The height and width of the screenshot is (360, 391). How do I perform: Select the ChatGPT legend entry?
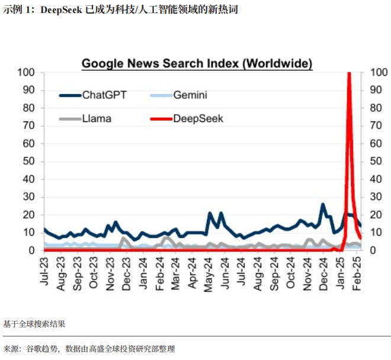104,95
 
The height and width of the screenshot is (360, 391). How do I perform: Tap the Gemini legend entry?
190,95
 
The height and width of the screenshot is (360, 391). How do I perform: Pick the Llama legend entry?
97,118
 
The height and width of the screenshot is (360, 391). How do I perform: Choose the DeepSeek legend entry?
198,118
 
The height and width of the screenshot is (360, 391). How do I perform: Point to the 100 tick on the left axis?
27,72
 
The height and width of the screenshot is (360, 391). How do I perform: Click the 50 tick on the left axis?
30,162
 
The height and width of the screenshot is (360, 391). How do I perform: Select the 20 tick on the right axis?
376,215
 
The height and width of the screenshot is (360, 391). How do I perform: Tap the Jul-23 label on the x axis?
44,272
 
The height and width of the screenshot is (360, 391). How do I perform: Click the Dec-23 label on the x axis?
127,272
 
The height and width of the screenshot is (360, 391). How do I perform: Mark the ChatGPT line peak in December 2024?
323,204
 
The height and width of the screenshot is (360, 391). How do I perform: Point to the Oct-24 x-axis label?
291,272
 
